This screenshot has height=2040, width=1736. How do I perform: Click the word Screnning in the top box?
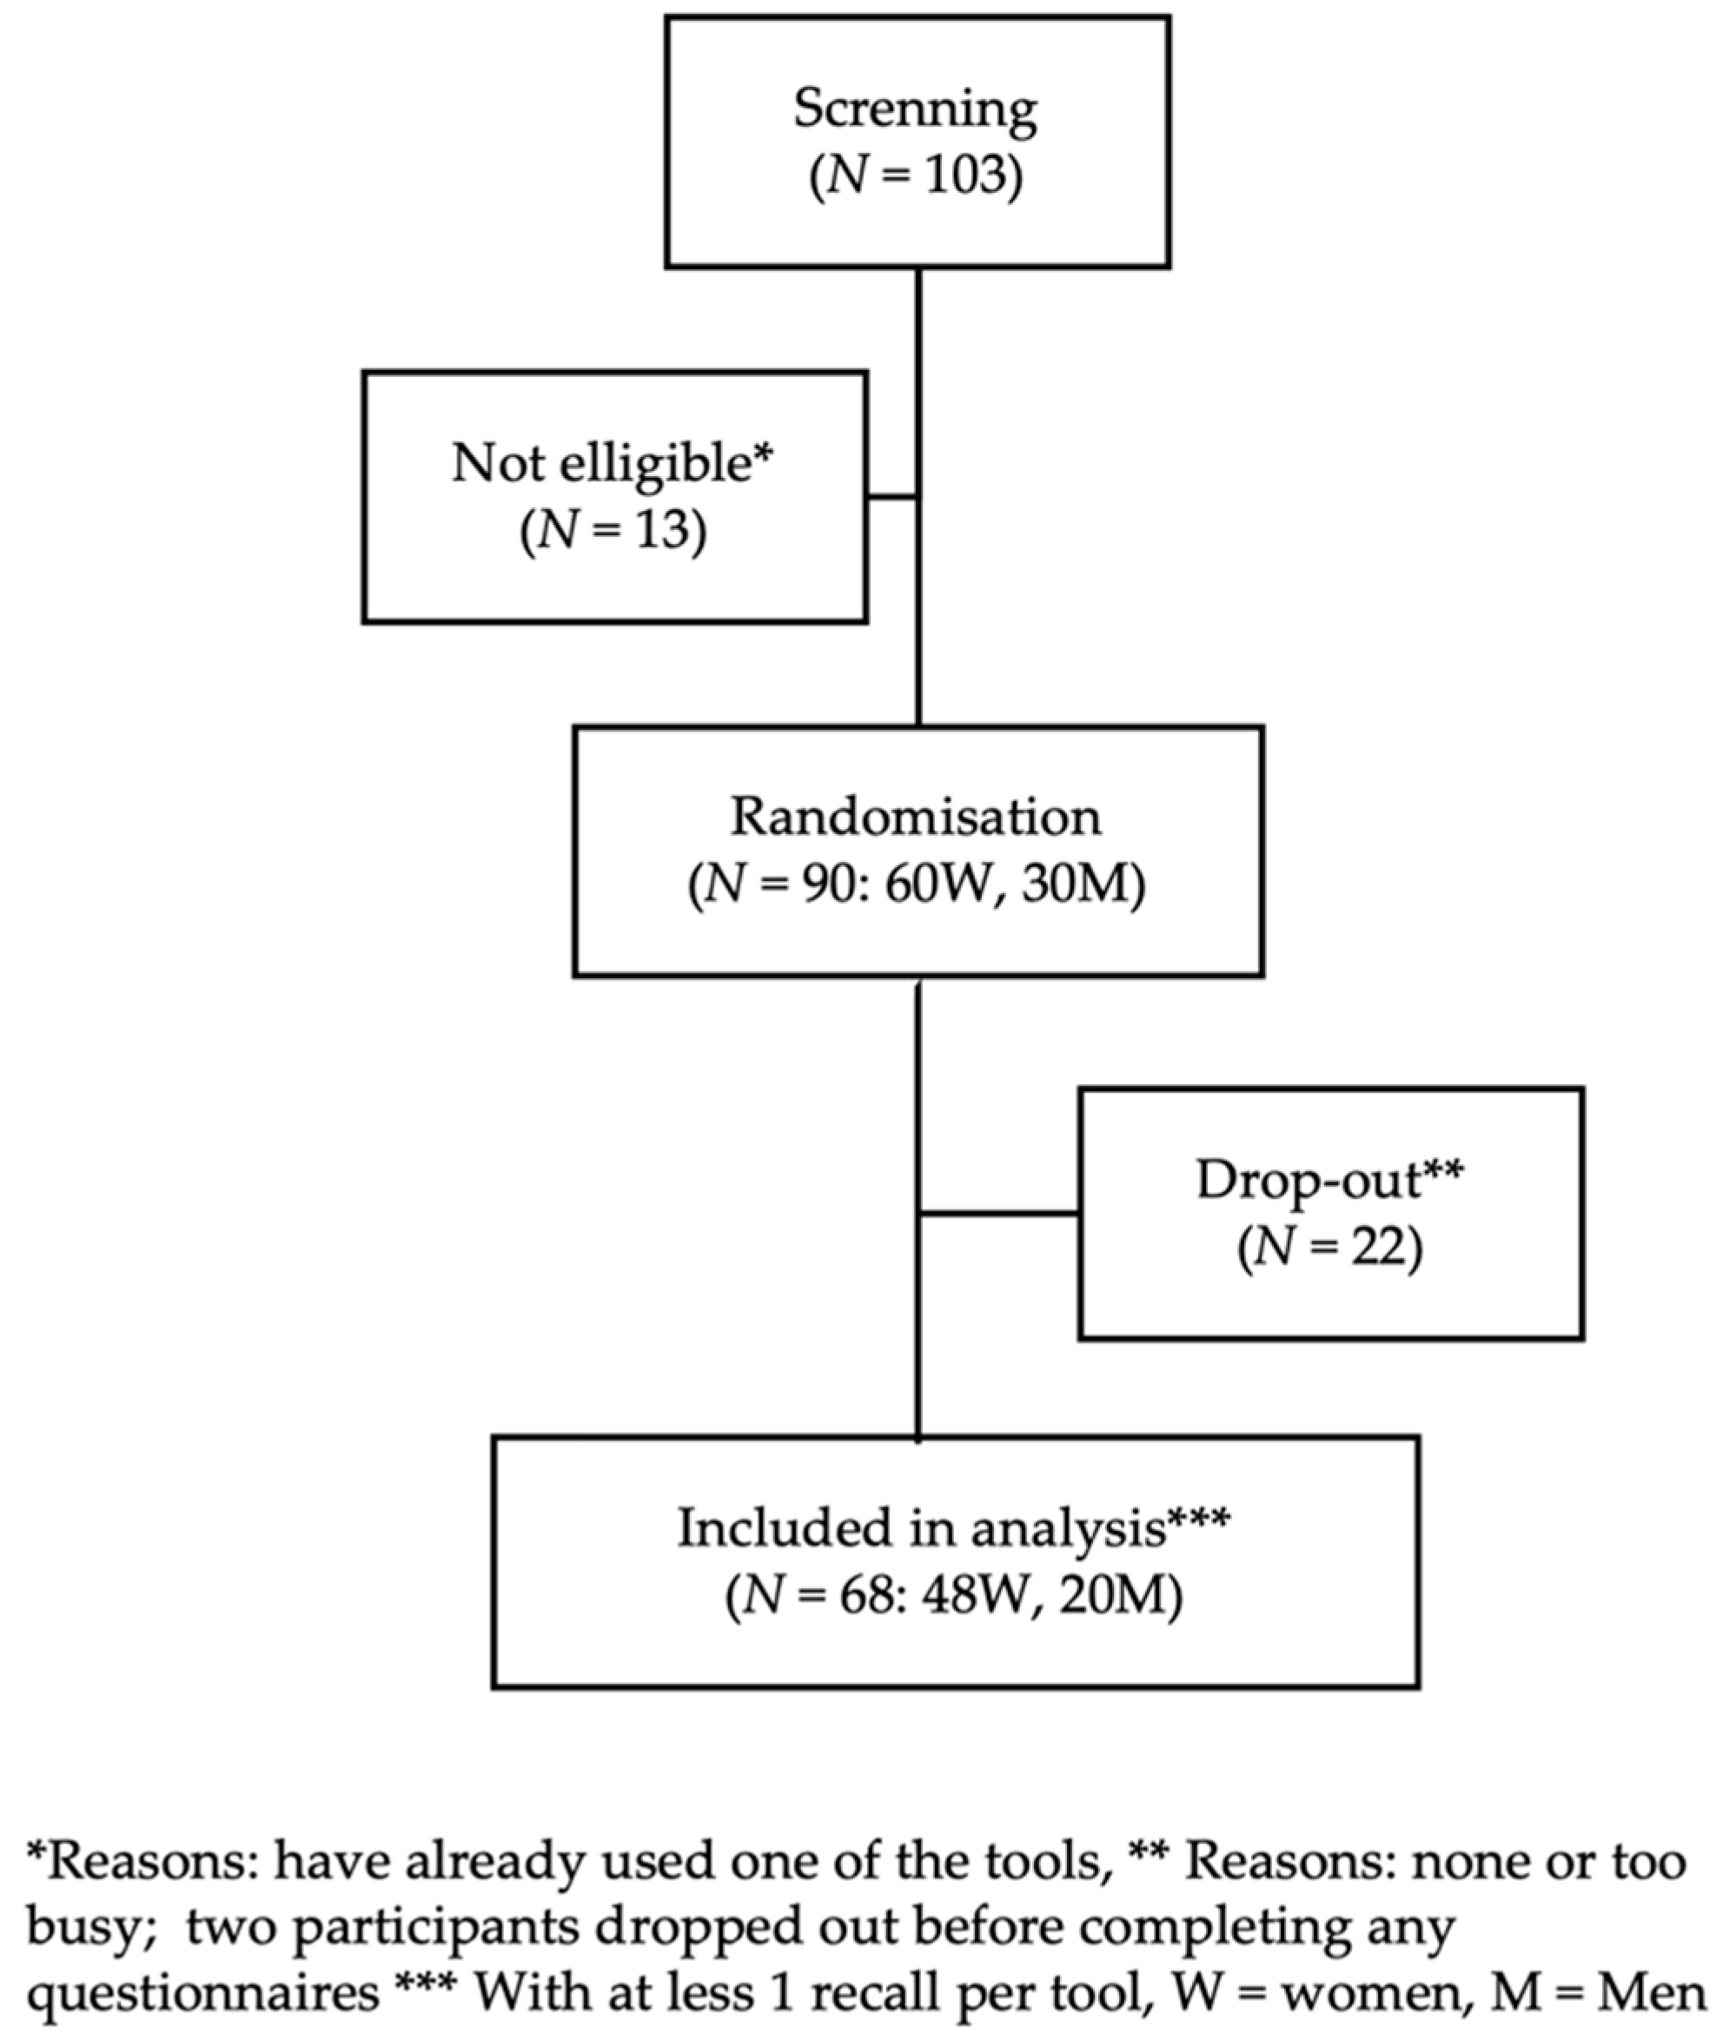coord(914,109)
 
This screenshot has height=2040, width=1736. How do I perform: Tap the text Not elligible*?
coord(613,462)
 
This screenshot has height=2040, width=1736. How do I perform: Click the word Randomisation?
coord(915,817)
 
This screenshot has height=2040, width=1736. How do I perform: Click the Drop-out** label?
coord(1329,1179)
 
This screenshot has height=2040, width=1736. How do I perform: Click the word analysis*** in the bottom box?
coord(1099,1527)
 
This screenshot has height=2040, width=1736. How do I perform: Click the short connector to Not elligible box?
coord(892,497)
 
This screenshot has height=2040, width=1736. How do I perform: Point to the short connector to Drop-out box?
coord(999,1214)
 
